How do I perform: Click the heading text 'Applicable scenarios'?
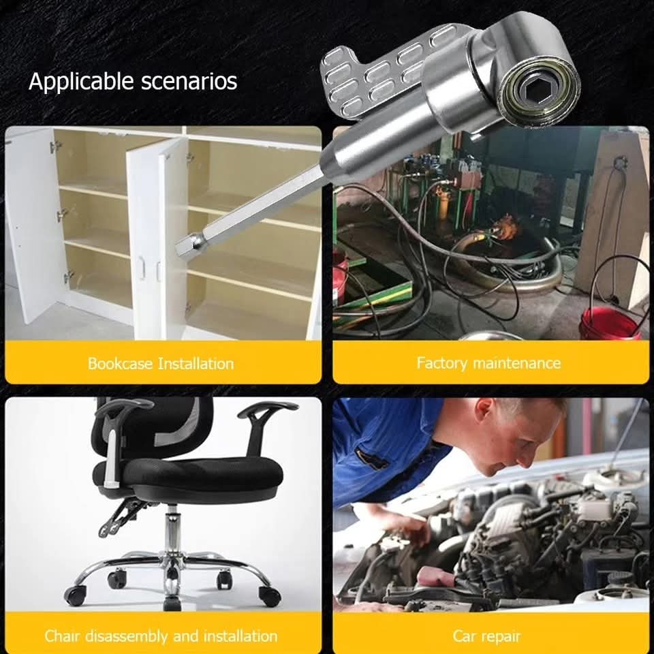(133, 81)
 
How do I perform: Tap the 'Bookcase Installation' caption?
(161, 364)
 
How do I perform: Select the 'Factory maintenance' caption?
(488, 363)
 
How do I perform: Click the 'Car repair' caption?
(486, 636)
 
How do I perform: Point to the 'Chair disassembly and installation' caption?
(161, 636)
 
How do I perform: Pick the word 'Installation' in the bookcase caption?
(196, 364)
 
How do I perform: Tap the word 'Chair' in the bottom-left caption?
(62, 636)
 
